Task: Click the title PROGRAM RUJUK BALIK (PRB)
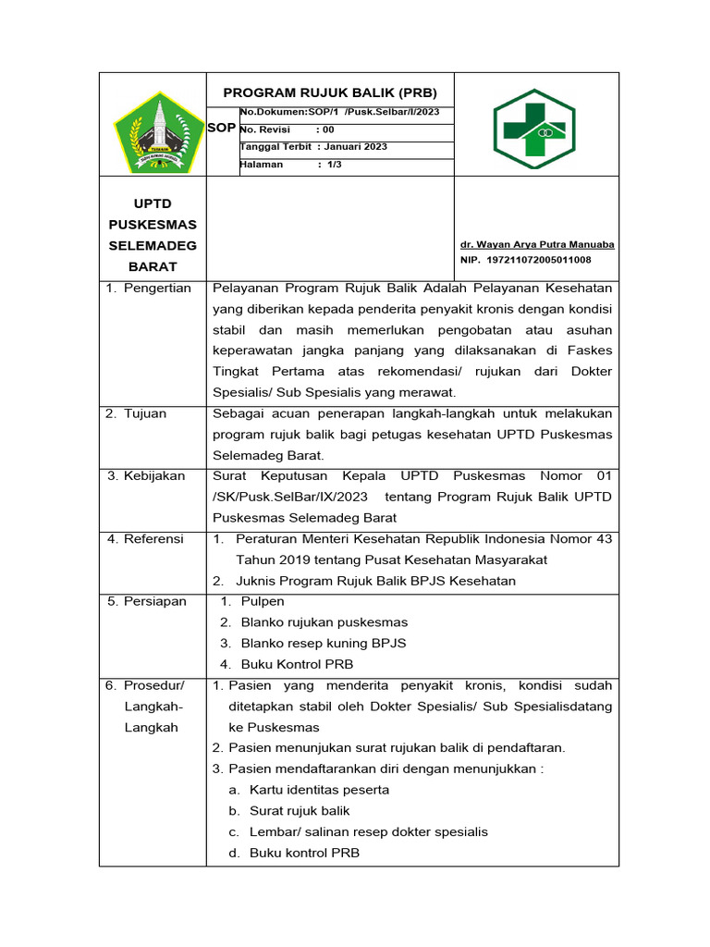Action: pyautogui.click(x=330, y=92)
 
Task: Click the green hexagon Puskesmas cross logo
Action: pyautogui.click(x=534, y=129)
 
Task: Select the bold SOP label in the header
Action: pyautogui.click(x=221, y=128)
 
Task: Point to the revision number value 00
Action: pyautogui.click(x=328, y=129)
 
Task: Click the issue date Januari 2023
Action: pyautogui.click(x=356, y=146)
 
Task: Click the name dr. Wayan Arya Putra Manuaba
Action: pyautogui.click(x=537, y=244)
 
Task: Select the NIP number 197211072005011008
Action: pyautogui.click(x=538, y=260)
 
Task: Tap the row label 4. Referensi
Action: pyautogui.click(x=146, y=538)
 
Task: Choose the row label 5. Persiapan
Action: pyautogui.click(x=146, y=601)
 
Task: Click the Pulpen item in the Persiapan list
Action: pyautogui.click(x=263, y=601)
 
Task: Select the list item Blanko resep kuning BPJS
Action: pyautogui.click(x=323, y=643)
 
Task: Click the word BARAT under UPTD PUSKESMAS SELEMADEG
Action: pyautogui.click(x=153, y=266)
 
